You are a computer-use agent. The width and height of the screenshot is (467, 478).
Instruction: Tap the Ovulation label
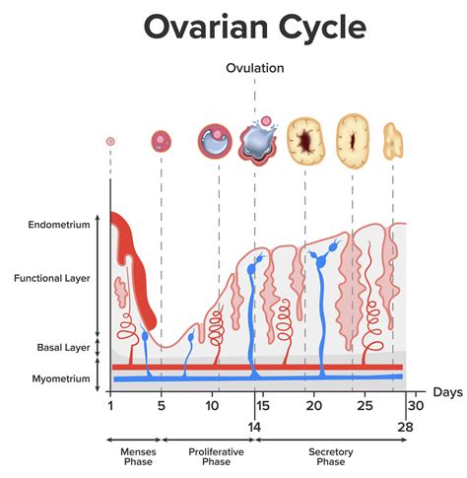tap(255, 69)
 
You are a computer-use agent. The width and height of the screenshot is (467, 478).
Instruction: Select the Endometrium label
tap(60, 224)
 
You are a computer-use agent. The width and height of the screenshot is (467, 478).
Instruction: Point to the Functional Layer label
tap(52, 279)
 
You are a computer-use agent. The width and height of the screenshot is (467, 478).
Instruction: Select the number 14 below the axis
tap(255, 429)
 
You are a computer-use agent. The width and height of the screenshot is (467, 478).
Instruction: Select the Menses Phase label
tap(132, 456)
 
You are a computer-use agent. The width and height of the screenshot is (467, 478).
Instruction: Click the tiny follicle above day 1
tap(110, 142)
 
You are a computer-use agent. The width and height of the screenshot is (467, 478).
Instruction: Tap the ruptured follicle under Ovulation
tap(258, 142)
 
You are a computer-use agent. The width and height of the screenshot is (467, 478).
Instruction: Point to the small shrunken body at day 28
tap(393, 140)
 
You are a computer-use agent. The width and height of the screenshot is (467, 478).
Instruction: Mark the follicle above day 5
tap(161, 142)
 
